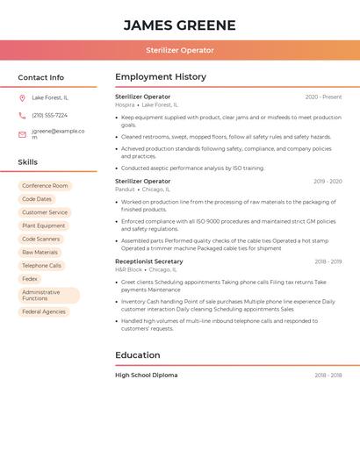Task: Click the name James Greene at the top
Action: pos(179,25)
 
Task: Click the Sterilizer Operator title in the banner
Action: pos(179,50)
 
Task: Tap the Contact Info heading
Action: pos(40,77)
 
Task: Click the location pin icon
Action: pos(22,97)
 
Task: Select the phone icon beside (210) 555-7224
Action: pos(22,115)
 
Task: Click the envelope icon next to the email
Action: pos(22,134)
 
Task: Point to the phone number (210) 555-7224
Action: pos(49,115)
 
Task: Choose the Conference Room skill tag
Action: pos(45,186)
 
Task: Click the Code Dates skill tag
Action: pos(37,199)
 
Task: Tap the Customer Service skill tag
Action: pos(45,212)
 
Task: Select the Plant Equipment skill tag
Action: pos(44,225)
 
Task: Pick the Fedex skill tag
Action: pos(30,279)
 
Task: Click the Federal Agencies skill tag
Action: pos(44,311)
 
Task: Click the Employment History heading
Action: pos(161,77)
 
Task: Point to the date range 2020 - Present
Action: pos(323,97)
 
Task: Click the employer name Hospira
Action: pos(125,105)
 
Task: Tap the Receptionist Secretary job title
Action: pos(149,261)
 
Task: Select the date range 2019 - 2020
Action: pos(328,182)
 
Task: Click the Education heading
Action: pos(138,355)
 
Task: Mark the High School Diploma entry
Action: pos(146,376)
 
